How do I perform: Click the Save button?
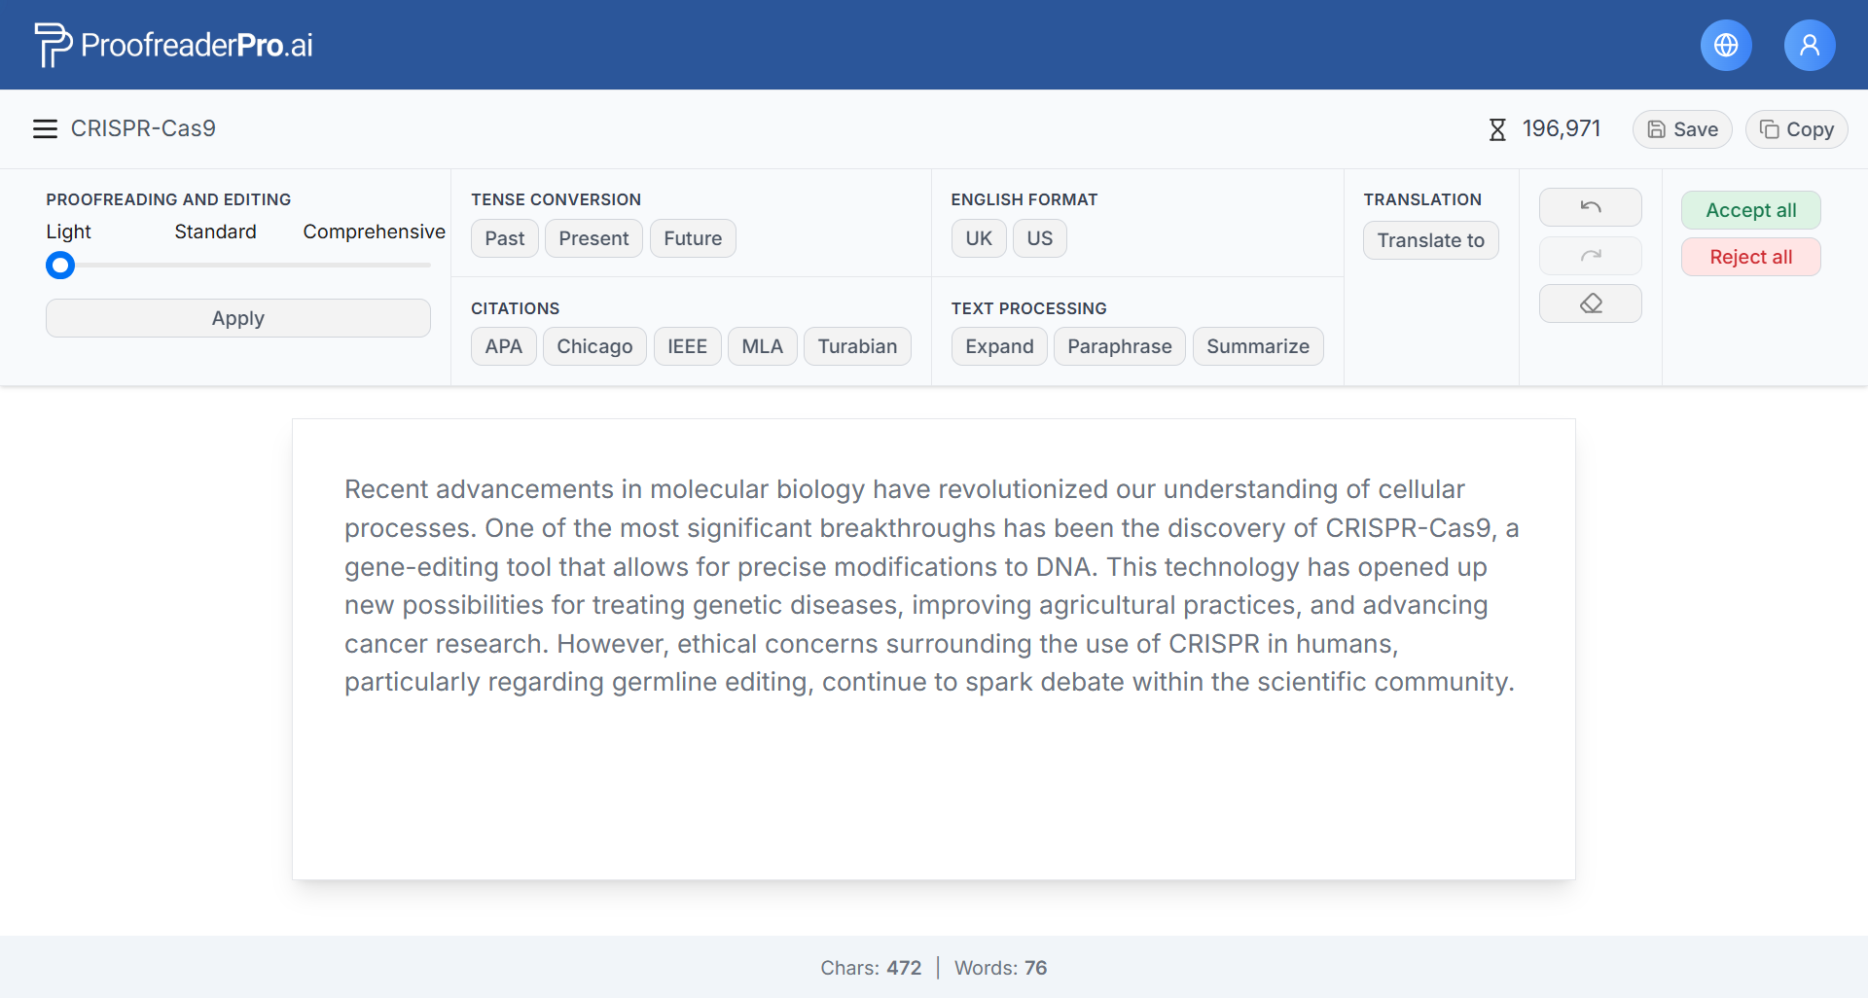pyautogui.click(x=1682, y=129)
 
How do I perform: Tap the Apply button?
pyautogui.click(x=238, y=318)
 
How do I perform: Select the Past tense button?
pyautogui.click(x=505, y=238)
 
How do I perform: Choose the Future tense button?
pyautogui.click(x=693, y=238)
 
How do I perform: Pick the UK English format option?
pyautogui.click(x=979, y=238)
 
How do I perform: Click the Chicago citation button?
pyautogui.click(x=594, y=346)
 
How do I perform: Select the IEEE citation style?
pyautogui.click(x=688, y=346)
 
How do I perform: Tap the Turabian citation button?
pyautogui.click(x=857, y=346)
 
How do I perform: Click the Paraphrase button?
pyautogui.click(x=1120, y=346)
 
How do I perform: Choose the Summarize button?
pyautogui.click(x=1258, y=346)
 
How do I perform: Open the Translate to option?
pyautogui.click(x=1431, y=240)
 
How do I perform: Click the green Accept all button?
pyautogui.click(x=1751, y=210)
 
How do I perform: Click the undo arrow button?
pyautogui.click(x=1591, y=207)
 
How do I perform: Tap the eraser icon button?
pyautogui.click(x=1591, y=303)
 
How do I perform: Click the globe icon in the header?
pyautogui.click(x=1726, y=45)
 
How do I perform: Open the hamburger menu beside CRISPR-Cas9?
pyautogui.click(x=45, y=129)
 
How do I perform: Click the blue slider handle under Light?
pyautogui.click(x=60, y=265)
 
